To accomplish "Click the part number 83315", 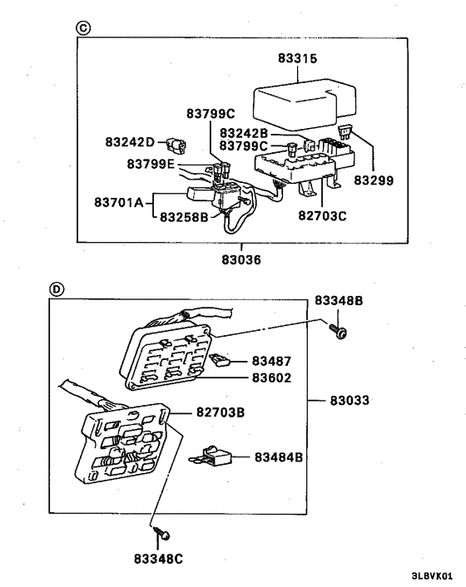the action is coord(297,58).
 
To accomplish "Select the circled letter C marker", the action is coord(82,27).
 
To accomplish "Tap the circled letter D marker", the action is coord(57,289).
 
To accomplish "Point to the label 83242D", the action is coord(130,142).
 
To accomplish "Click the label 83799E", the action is coord(151,164).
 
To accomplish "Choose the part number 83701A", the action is coord(119,202).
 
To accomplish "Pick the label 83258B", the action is coord(184,217).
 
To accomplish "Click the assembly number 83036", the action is coord(240,259).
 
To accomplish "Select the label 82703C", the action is coord(323,215).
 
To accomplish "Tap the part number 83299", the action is coord(374,180).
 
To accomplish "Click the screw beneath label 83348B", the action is coord(338,331).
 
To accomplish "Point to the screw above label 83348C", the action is coord(161,533).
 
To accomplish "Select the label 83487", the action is coord(271,361).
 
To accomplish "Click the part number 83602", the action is coord(271,377).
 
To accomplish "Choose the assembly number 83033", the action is coord(349,400).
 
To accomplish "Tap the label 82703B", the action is coord(221,412).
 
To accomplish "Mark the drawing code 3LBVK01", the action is coord(432,575).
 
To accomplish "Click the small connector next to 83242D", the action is coord(176,145).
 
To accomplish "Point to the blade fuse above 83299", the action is coord(345,132).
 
